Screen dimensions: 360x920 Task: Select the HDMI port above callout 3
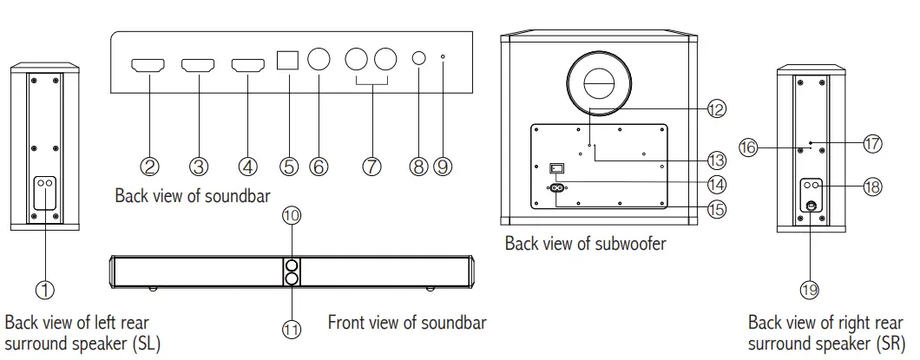click(197, 65)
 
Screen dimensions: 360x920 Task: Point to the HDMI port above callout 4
click(247, 65)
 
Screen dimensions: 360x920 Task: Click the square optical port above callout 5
click(286, 59)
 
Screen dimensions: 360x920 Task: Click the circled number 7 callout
click(371, 166)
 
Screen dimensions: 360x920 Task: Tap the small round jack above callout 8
click(419, 60)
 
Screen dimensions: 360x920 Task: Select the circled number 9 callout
click(443, 166)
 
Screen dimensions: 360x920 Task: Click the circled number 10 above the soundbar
click(292, 214)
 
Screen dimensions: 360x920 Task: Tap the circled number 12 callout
click(715, 109)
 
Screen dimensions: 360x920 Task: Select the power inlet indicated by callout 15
click(555, 187)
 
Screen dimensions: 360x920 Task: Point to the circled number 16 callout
click(748, 147)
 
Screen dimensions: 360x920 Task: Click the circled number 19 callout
click(809, 291)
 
